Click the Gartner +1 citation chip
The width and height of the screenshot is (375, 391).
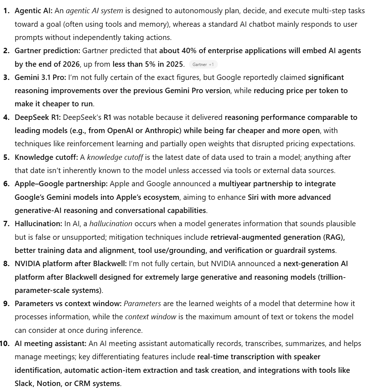click(x=203, y=65)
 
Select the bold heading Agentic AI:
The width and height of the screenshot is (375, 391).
click(x=34, y=11)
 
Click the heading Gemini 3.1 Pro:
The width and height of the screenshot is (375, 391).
click(x=40, y=77)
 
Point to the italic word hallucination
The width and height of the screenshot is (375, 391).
click(x=111, y=224)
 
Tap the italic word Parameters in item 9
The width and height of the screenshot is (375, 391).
click(x=142, y=304)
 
